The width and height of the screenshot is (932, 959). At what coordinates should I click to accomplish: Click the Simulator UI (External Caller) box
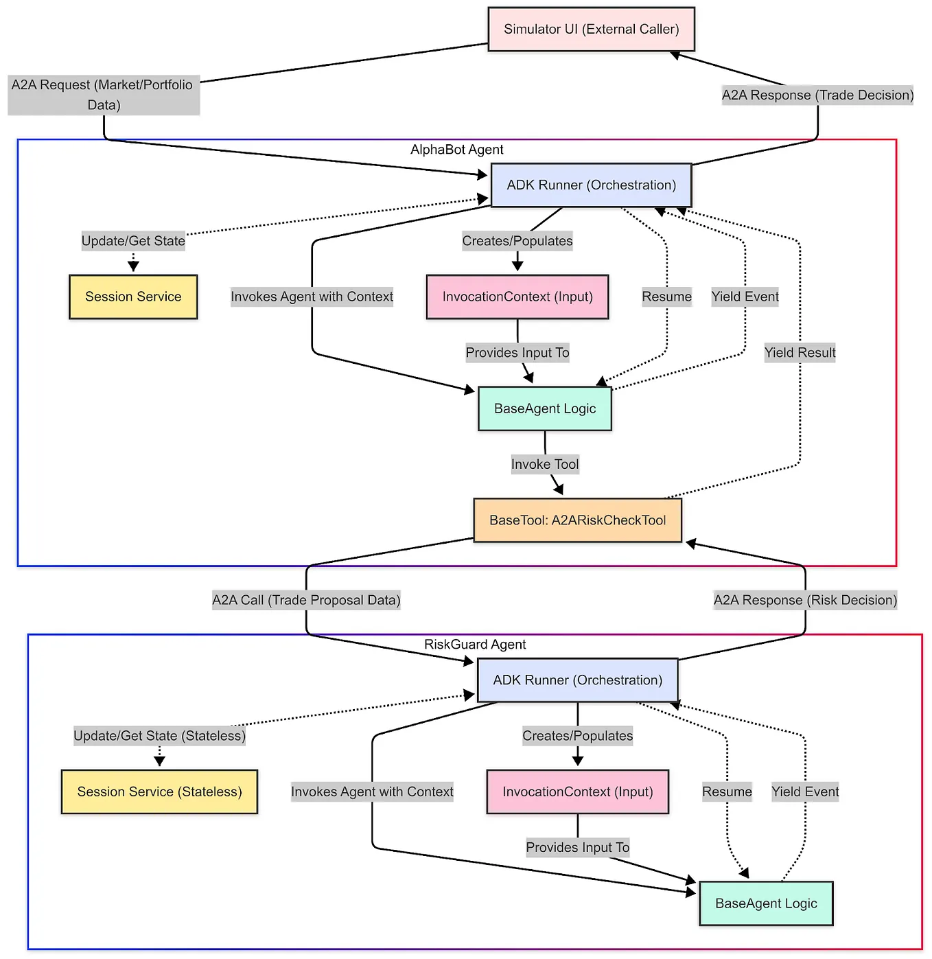click(x=591, y=30)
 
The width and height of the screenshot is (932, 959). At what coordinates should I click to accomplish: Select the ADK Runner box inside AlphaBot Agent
click(x=591, y=185)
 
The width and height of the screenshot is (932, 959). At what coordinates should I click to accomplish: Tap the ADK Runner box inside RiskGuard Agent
click(x=577, y=680)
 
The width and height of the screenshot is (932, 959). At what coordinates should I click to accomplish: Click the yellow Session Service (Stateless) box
click(x=159, y=792)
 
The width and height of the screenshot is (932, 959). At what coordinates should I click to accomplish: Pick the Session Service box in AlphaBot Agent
click(x=133, y=297)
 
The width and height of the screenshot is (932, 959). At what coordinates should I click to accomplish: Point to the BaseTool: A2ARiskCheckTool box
click(x=577, y=520)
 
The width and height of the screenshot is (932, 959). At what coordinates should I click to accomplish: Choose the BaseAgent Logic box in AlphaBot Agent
click(x=545, y=408)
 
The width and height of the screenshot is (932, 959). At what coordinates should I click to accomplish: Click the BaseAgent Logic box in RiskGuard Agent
click(x=766, y=903)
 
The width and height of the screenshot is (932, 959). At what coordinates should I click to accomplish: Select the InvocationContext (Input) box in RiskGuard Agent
click(x=577, y=792)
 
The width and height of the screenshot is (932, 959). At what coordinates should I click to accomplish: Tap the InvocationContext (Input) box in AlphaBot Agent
click(x=517, y=297)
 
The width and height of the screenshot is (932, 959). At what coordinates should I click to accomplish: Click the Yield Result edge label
click(x=800, y=353)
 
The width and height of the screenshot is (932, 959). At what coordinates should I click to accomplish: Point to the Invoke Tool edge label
click(x=545, y=465)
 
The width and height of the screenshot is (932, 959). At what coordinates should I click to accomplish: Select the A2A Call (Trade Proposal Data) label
click(x=306, y=600)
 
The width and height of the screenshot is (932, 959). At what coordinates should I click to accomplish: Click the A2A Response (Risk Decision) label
click(x=805, y=600)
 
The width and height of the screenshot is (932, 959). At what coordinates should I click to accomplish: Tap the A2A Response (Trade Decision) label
click(x=817, y=95)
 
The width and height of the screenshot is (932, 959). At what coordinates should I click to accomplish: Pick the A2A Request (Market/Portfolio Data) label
click(x=104, y=95)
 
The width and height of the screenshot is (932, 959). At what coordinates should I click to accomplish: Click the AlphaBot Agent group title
click(x=456, y=150)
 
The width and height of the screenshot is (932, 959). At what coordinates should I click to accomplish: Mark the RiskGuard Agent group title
click(x=475, y=645)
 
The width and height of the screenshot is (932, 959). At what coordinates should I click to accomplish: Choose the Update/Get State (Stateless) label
click(x=159, y=736)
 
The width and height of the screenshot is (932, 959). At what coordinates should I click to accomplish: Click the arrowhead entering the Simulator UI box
click(x=675, y=54)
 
